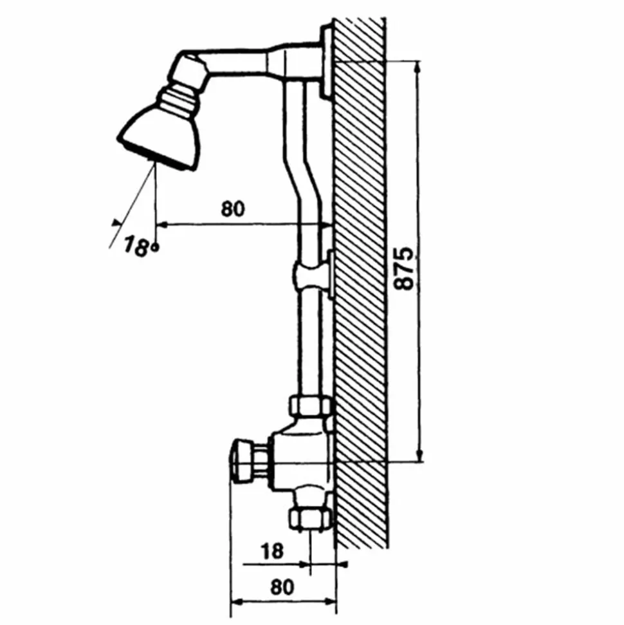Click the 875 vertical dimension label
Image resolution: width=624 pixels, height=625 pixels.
(403, 268)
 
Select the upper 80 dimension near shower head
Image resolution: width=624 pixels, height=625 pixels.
(233, 209)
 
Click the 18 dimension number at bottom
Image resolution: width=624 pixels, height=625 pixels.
(272, 552)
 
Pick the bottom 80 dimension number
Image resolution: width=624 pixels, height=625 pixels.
(282, 587)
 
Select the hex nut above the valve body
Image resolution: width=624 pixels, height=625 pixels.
(311, 406)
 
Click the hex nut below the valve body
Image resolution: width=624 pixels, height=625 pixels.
(311, 519)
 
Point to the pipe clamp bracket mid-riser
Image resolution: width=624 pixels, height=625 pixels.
(313, 274)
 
